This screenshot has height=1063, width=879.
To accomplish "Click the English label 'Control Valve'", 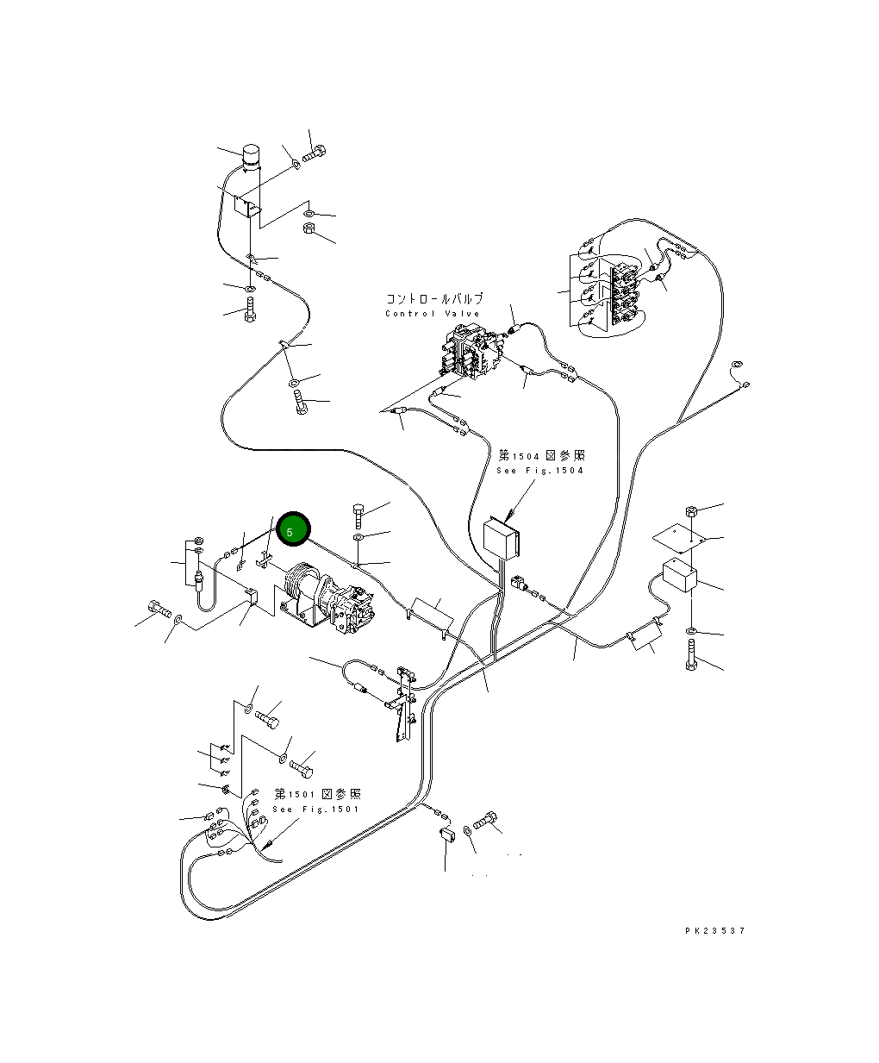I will point(432,314).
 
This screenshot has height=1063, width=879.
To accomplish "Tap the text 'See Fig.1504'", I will point(540,471).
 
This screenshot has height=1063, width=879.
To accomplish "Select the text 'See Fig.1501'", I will point(315,810).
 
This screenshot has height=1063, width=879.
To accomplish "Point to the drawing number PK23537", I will point(714,931).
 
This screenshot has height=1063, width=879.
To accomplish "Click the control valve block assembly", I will point(470,353).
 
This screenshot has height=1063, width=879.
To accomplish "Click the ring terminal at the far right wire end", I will point(735,365).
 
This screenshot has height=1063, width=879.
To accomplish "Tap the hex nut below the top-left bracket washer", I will point(309,229).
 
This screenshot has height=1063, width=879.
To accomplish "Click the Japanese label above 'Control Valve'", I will point(428,299).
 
